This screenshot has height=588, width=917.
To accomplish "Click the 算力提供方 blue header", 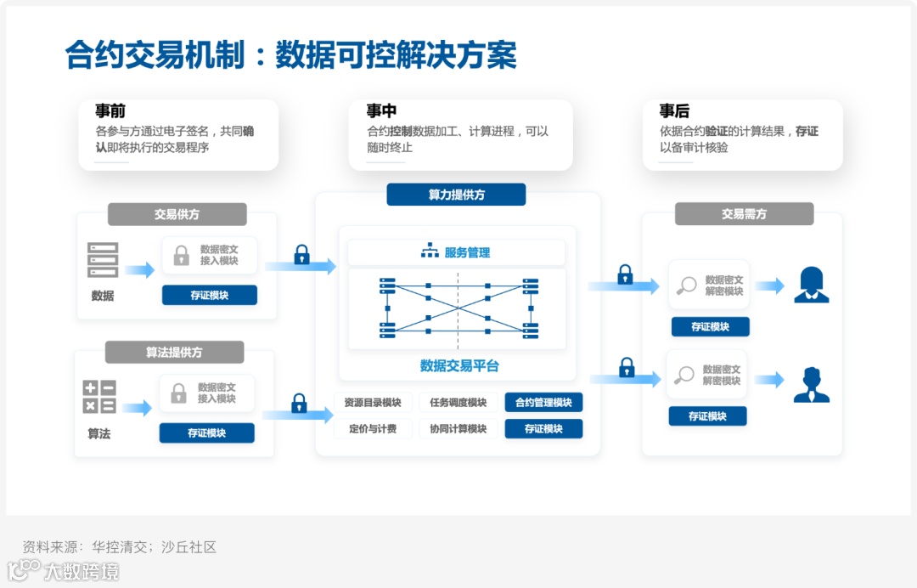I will tap(456, 195).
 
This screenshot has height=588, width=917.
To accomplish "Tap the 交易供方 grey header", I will tap(177, 214).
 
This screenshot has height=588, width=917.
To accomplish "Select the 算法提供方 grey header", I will tap(174, 352).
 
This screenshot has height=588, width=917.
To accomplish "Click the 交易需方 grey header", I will tap(744, 214).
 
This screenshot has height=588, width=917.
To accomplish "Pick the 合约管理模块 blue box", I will tap(543, 403).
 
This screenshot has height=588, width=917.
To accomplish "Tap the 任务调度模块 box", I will tap(458, 403).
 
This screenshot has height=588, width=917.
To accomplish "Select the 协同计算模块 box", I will tap(458, 429).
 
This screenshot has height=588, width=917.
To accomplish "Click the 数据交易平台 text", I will tap(459, 366).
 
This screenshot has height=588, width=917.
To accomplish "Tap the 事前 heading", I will tap(110, 111).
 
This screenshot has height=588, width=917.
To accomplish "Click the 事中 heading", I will tap(381, 111).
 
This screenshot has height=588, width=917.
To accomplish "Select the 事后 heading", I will tap(674, 111).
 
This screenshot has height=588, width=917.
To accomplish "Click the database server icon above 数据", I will tap(103, 260).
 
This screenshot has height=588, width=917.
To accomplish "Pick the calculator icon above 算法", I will tap(99, 397).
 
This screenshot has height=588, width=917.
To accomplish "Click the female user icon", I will tap(811, 286).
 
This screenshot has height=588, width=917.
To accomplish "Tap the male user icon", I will tap(811, 385).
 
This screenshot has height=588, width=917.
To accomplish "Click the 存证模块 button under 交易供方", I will tap(210, 296).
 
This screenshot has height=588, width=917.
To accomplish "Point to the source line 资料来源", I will tap(120, 547).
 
